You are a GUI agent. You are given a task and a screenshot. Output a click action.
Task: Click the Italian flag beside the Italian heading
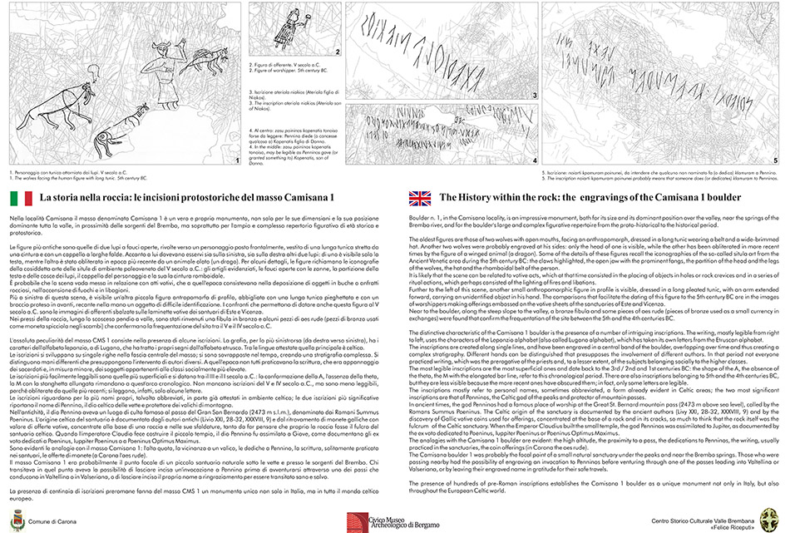pos(21,197)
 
